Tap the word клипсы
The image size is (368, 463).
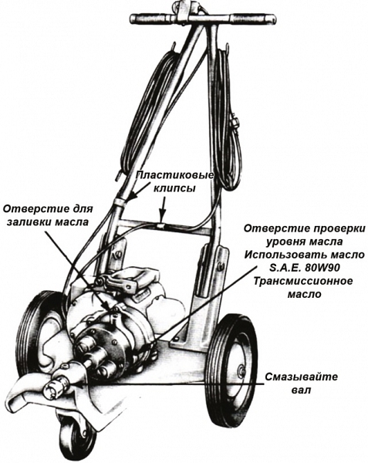pos(174,188)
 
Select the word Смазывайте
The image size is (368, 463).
pos(301,377)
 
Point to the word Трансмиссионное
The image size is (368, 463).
pos(302,281)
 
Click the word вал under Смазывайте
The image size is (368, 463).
pos(301,390)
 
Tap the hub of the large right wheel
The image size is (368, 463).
pos(242,370)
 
